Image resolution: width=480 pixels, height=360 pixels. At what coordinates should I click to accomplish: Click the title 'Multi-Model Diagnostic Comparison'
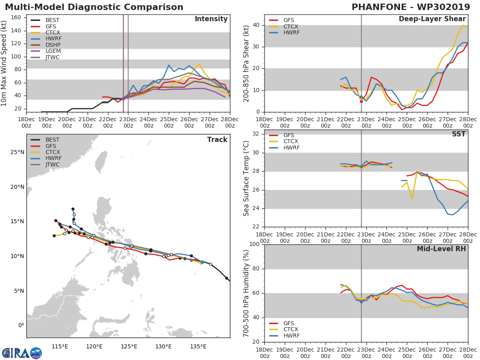(94, 7)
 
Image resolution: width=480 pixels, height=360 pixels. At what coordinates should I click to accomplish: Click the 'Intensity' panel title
(211, 19)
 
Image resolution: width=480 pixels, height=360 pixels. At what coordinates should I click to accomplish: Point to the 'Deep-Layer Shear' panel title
(432, 19)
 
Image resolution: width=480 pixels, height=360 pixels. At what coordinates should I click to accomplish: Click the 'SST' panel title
(459, 134)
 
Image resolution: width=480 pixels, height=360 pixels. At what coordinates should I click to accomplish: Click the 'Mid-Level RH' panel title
(441, 249)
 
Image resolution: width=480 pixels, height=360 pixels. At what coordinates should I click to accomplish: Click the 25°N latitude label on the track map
(17, 152)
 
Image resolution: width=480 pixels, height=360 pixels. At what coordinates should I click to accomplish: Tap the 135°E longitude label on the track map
(198, 347)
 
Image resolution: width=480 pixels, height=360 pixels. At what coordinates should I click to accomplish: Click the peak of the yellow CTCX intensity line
(199, 64)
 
